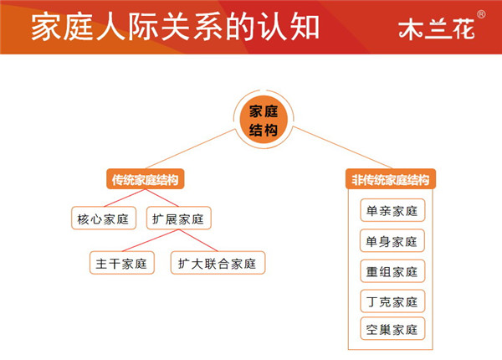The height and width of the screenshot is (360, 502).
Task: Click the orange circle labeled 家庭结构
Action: pyautogui.click(x=264, y=120)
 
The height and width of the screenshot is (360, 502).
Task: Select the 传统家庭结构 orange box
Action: pyautogui.click(x=145, y=179)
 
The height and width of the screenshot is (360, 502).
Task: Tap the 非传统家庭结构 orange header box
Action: pyautogui.click(x=391, y=179)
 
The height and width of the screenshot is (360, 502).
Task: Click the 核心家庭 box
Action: pyautogui.click(x=104, y=219)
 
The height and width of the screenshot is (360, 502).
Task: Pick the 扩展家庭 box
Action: pyautogui.click(x=179, y=219)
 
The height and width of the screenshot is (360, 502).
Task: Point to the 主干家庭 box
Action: pyautogui.click(x=122, y=263)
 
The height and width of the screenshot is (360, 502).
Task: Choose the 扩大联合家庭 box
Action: pyautogui.click(x=218, y=263)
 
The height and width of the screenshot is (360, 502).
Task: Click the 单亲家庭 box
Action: pyautogui.click(x=392, y=210)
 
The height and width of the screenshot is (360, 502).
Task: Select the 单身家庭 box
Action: pyautogui.click(x=392, y=241)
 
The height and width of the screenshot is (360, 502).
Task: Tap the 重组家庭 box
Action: pyautogui.click(x=392, y=271)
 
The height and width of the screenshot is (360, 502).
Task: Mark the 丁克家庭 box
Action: pyautogui.click(x=392, y=301)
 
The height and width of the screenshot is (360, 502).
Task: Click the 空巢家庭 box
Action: pyautogui.click(x=392, y=329)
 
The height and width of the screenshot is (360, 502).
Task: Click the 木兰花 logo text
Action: pyautogui.click(x=437, y=29)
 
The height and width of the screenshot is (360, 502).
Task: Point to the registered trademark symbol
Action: pyautogui.click(x=481, y=14)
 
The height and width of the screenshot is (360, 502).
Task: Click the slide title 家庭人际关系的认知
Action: pyautogui.click(x=175, y=27)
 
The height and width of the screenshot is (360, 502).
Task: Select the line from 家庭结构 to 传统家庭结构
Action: pyautogui.click(x=191, y=149)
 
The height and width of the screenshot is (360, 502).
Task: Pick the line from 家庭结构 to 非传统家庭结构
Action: pyautogui.click(x=341, y=147)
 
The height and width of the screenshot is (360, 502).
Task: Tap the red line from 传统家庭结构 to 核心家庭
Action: pyautogui.click(x=125, y=198)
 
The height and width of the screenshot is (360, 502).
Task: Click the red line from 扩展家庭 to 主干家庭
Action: pyautogui.click(x=150, y=240)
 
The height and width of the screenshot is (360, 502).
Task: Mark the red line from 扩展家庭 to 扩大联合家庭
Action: pyautogui.click(x=198, y=240)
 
